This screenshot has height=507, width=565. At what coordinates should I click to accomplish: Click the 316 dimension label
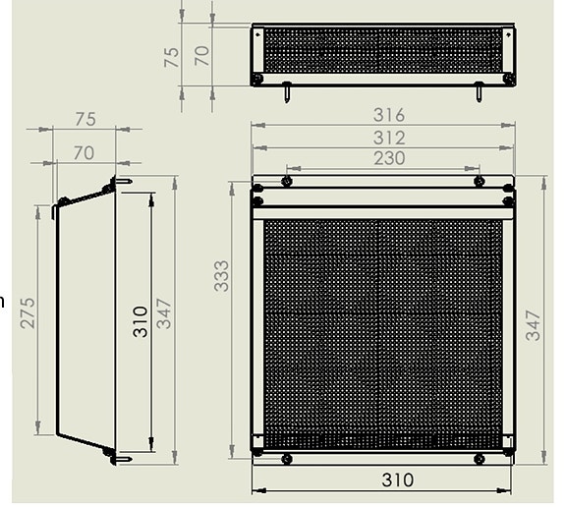(382, 116)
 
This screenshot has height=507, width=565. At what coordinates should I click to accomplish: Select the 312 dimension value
(382, 138)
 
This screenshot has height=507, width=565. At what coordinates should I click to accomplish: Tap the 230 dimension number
(382, 158)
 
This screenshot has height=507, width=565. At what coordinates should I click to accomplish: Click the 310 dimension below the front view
(382, 479)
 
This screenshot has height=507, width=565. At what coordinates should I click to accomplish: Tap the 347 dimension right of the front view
(534, 323)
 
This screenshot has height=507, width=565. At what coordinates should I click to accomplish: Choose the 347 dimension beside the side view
(165, 312)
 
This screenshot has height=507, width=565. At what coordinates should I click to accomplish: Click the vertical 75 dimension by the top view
(172, 56)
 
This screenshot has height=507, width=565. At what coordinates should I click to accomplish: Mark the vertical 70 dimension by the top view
(201, 54)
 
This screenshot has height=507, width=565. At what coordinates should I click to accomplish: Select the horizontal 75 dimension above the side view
(85, 119)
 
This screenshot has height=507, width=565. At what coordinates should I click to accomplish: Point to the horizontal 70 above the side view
(84, 152)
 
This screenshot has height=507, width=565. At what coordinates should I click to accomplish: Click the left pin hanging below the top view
(286, 93)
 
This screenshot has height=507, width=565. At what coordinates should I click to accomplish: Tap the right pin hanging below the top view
(479, 93)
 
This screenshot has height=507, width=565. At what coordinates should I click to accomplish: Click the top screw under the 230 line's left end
(286, 181)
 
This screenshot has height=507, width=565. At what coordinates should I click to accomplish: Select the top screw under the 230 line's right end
(479, 181)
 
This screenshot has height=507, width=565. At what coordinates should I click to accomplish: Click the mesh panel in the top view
(382, 49)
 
